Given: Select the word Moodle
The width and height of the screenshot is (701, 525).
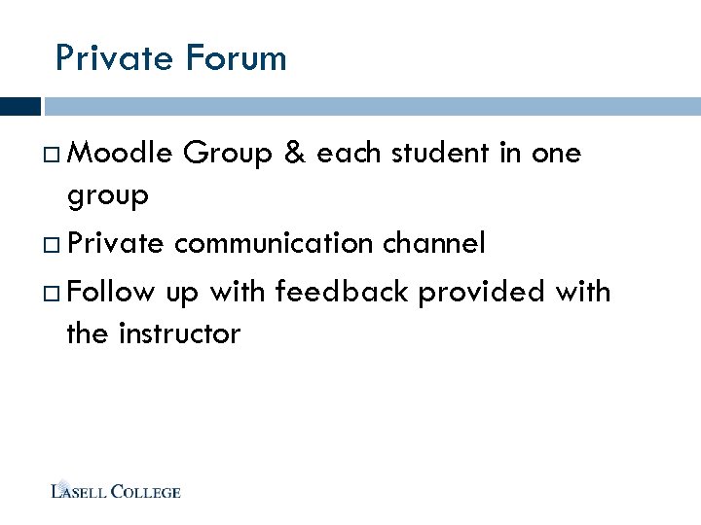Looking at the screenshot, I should click(121, 153).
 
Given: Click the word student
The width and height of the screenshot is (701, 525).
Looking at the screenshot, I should click(442, 153).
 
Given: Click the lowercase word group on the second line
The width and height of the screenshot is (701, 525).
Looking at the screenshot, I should click(107, 197).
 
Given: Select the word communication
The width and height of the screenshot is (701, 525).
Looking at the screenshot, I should click(273, 243).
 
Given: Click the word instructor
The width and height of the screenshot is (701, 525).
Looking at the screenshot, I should click(179, 334).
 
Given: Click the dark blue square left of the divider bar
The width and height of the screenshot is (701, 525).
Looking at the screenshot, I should click(20, 106).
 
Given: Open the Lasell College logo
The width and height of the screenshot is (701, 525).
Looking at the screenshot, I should click(116, 490).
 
